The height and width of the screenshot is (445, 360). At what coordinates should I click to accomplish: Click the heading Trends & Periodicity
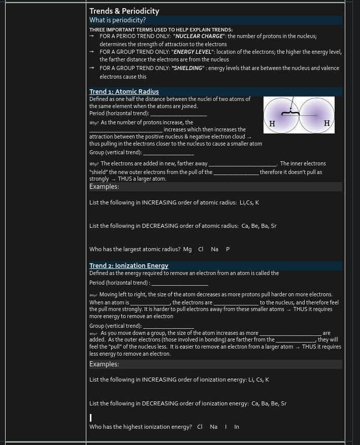click(x=124, y=11)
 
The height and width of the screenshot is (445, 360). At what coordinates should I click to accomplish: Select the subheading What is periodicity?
click(x=117, y=20)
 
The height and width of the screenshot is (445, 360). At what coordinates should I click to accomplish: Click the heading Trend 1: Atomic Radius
click(x=124, y=92)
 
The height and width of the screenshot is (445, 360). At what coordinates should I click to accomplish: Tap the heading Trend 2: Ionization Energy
click(x=128, y=266)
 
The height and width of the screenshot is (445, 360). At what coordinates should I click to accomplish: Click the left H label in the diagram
click(x=272, y=124)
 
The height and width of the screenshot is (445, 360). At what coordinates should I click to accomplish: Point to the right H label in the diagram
click(x=326, y=123)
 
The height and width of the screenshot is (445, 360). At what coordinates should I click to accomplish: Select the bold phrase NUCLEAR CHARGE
click(x=199, y=37)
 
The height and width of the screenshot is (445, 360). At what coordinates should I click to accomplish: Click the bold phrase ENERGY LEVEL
click(x=192, y=52)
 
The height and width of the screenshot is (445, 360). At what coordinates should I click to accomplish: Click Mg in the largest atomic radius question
click(x=187, y=249)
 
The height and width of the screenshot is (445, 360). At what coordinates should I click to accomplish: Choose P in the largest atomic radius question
click(x=227, y=249)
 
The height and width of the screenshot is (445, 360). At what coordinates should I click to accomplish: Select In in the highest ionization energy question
click(x=237, y=427)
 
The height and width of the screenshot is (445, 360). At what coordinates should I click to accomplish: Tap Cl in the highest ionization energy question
click(x=200, y=427)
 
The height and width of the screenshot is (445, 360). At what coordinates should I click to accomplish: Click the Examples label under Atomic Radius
click(x=104, y=187)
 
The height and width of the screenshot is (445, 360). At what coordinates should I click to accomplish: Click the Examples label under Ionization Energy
click(x=104, y=364)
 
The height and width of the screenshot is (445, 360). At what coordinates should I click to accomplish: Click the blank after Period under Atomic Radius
click(x=179, y=114)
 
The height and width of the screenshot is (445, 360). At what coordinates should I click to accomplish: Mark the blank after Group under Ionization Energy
click(x=169, y=326)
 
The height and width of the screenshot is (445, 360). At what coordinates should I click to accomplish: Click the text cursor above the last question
click(x=91, y=418)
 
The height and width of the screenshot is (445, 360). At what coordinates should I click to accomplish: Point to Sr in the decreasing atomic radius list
click(x=274, y=226)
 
